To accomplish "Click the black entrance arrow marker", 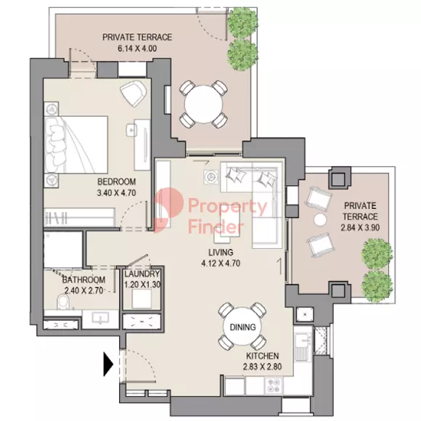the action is pyautogui.click(x=108, y=364).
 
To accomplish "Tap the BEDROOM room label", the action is pyautogui.click(x=117, y=181).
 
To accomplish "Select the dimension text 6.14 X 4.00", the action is pyautogui.click(x=137, y=49).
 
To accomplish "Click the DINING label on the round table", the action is pyautogui.click(x=242, y=327).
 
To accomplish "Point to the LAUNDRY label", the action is pyautogui.click(x=142, y=274).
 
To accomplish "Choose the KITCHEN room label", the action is pyautogui.click(x=263, y=356).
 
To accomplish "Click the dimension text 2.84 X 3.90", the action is pyautogui.click(x=360, y=228).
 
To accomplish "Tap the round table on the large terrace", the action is pyautogui.click(x=203, y=104).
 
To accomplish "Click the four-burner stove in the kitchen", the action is pyautogui.click(x=274, y=385).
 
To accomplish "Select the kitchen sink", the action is pyautogui.click(x=303, y=347).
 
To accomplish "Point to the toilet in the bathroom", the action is pyautogui.click(x=63, y=303).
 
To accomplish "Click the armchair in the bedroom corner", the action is pyautogui.click(x=133, y=93).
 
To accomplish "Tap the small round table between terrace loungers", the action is pyautogui.click(x=320, y=220).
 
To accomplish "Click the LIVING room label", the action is pyautogui.click(x=221, y=253).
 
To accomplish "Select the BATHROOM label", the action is pyautogui.click(x=83, y=279).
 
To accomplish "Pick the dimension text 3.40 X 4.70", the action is pyautogui.click(x=117, y=193).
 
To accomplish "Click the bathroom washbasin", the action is pyautogui.click(x=100, y=319).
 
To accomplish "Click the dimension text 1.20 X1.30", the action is pyautogui.click(x=142, y=285).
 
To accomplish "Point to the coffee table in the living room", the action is pyautogui.click(x=230, y=225).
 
